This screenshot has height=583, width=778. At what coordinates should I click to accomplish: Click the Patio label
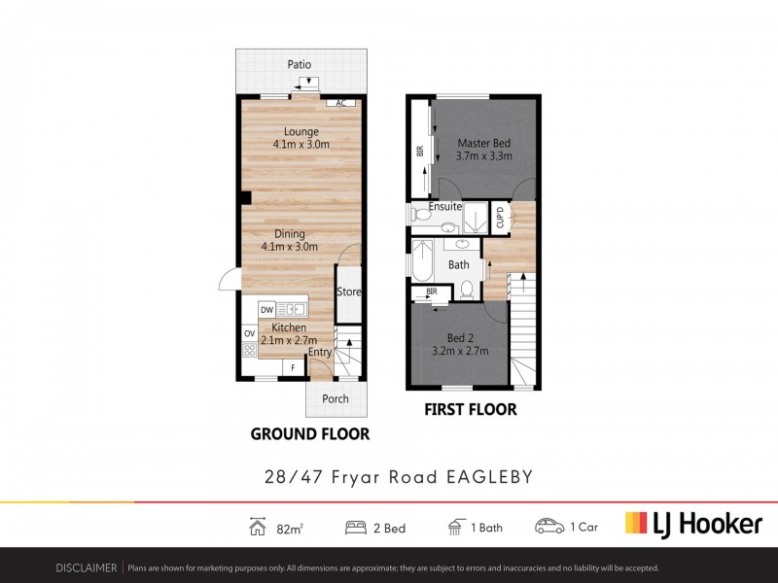coord(300,64)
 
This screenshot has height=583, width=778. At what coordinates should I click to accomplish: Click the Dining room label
coord(290,233)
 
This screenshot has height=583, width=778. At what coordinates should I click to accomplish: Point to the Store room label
coord(348,291)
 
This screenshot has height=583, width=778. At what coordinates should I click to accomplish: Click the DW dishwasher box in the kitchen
coord(266,310)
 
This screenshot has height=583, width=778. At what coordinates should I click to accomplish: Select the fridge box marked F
coord(292,367)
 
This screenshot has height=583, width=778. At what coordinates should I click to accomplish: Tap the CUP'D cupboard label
coord(500,218)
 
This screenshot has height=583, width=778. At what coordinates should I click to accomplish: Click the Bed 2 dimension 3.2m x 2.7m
coord(460,351)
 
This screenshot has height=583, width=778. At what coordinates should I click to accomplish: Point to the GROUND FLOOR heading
coord(310,434)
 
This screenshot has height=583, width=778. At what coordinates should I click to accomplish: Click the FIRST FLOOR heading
coord(471,410)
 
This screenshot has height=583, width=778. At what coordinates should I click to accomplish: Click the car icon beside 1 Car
coord(548,527)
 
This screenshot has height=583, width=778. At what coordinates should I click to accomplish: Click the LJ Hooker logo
coord(692,525)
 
